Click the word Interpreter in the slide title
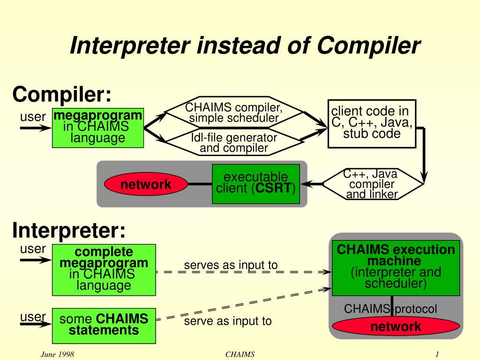click(130, 46)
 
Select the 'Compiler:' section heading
click(62, 94)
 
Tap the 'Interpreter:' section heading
click(69, 230)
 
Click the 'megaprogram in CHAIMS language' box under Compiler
click(98, 128)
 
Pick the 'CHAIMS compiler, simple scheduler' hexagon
click(234, 112)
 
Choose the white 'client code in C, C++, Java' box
click(372, 124)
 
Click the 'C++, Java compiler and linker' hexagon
click(373, 184)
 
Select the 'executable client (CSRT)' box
click(256, 184)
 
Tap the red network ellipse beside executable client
click(146, 184)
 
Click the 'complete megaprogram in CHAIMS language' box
click(104, 270)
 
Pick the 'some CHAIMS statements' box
click(104, 326)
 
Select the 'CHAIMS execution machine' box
click(396, 268)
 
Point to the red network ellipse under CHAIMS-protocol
click(396, 326)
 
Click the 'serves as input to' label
click(231, 265)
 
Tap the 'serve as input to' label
click(228, 321)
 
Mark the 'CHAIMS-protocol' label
click(390, 308)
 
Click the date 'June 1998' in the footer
click(57, 354)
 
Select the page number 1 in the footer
click(437, 354)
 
